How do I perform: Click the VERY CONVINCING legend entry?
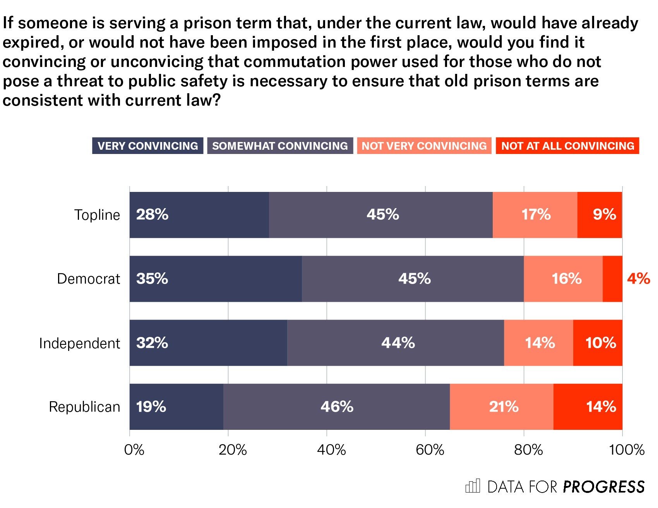click(147, 146)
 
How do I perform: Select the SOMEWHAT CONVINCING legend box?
click(280, 146)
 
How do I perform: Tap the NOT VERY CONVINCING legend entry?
click(424, 146)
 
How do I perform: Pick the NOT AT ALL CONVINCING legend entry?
click(567, 146)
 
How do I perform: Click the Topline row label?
click(97, 215)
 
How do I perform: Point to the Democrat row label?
click(89, 279)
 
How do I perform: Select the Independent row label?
click(80, 343)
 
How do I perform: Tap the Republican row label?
click(85, 407)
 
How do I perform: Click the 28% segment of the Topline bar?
click(199, 215)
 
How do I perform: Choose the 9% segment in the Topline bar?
click(600, 215)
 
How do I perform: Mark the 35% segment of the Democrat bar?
click(216, 279)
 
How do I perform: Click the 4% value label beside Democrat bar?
click(639, 279)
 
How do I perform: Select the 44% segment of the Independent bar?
click(396, 343)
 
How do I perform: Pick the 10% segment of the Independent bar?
click(598, 343)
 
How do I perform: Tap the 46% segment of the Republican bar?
click(336, 407)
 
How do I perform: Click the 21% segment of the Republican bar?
click(502, 407)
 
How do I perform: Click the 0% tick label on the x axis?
click(134, 450)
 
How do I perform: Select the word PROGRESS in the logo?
click(604, 487)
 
